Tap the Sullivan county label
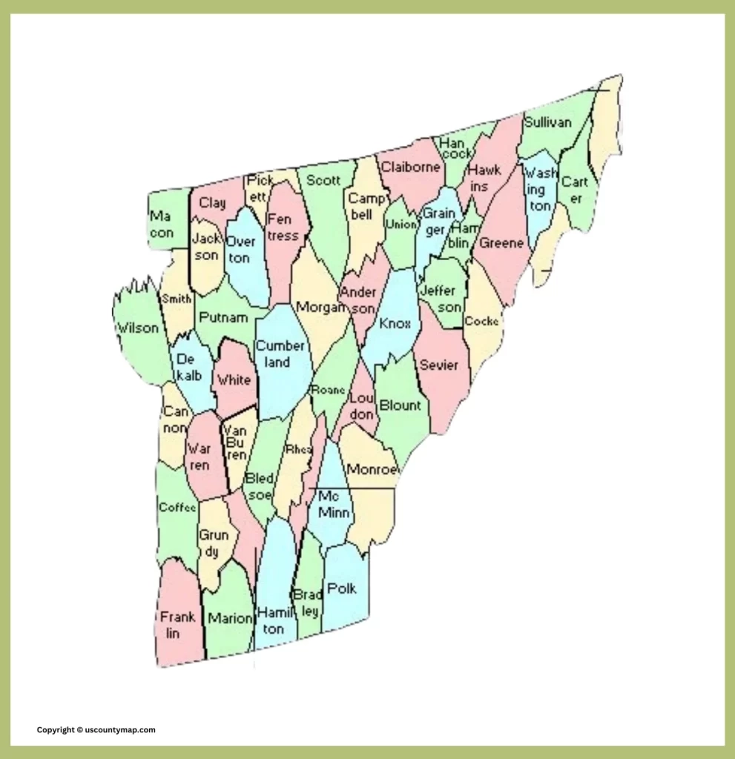pos(547,122)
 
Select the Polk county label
pos(342,589)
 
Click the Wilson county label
pos(138,328)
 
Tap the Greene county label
pos(502,243)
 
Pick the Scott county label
pos(323,180)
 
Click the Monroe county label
pos(373,469)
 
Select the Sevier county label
pos(439,365)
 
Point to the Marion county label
pos(230,618)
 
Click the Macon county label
pos(162,225)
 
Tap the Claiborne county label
pos(410,167)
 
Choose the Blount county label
pos(400,405)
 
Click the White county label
pos(234,380)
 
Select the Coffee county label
pos(177,508)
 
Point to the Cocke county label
pos(481,322)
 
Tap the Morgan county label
pos(321,306)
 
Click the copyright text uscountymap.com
pos(96,729)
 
